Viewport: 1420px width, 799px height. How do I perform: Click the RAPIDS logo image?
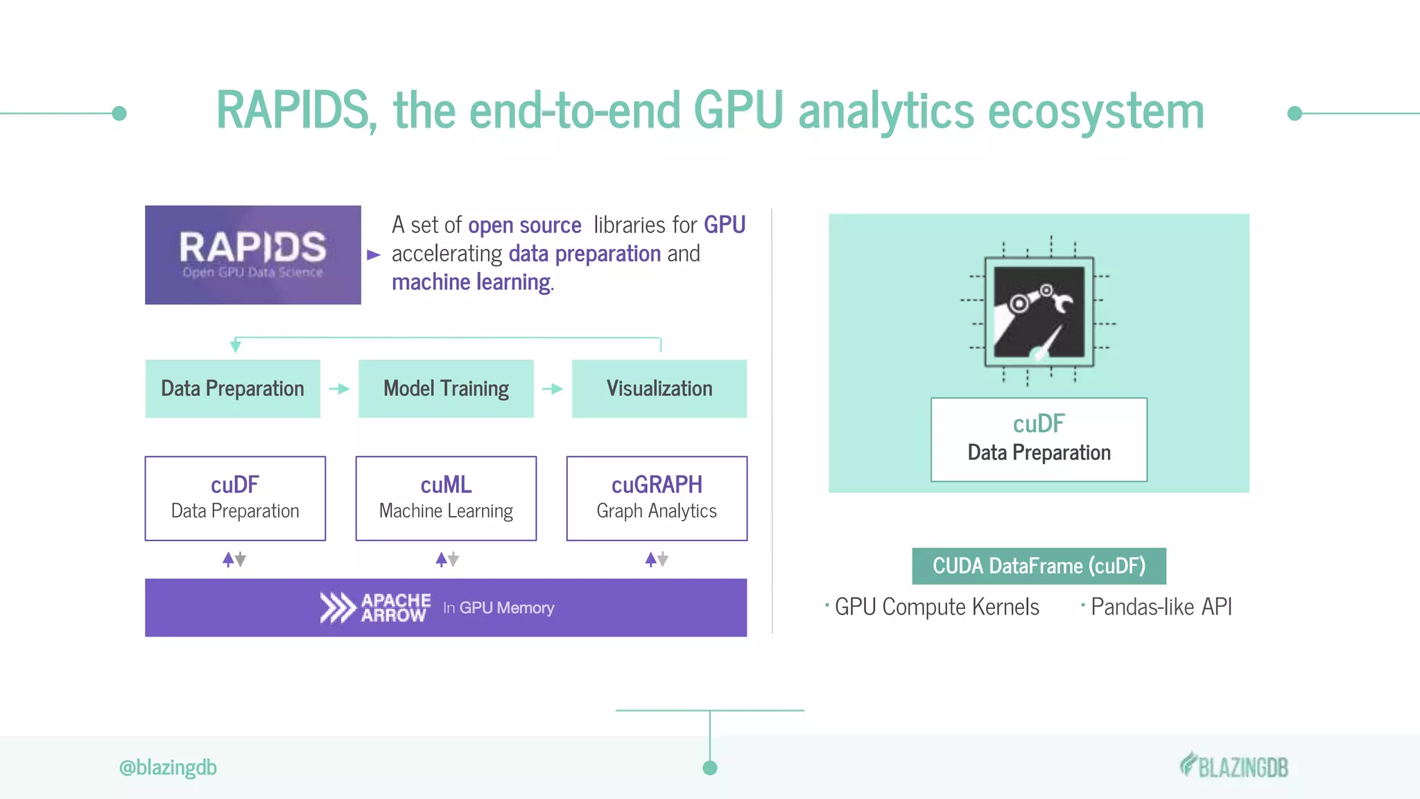coord(252,255)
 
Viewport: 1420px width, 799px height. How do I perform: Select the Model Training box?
coord(446,388)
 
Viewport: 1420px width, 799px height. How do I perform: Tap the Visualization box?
coord(659,388)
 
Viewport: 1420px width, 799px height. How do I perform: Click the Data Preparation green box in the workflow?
coord(233,388)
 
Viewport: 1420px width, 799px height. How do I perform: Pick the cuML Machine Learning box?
coord(446,498)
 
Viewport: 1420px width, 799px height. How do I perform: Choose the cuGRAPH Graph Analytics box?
coord(657,498)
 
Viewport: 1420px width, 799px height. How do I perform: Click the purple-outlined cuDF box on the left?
coord(235,498)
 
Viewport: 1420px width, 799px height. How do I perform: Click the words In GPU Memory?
coord(499,608)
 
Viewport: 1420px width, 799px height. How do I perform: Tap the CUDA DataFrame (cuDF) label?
coord(1039,566)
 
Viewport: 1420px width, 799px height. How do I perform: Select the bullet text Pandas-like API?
coord(1161,607)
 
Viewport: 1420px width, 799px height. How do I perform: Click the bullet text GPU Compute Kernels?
coord(936,607)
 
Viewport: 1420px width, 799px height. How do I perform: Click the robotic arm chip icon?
coord(1039,311)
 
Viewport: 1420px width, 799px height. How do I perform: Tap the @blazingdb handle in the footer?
coord(168,768)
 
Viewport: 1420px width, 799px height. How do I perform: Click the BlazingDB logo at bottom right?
coord(1234,766)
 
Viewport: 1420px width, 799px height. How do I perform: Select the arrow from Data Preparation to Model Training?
coord(339,389)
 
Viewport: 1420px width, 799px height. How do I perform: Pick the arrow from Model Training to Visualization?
coord(553,389)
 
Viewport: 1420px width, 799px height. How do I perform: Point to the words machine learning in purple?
coord(471,282)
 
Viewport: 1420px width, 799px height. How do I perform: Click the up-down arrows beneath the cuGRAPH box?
coord(657,559)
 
